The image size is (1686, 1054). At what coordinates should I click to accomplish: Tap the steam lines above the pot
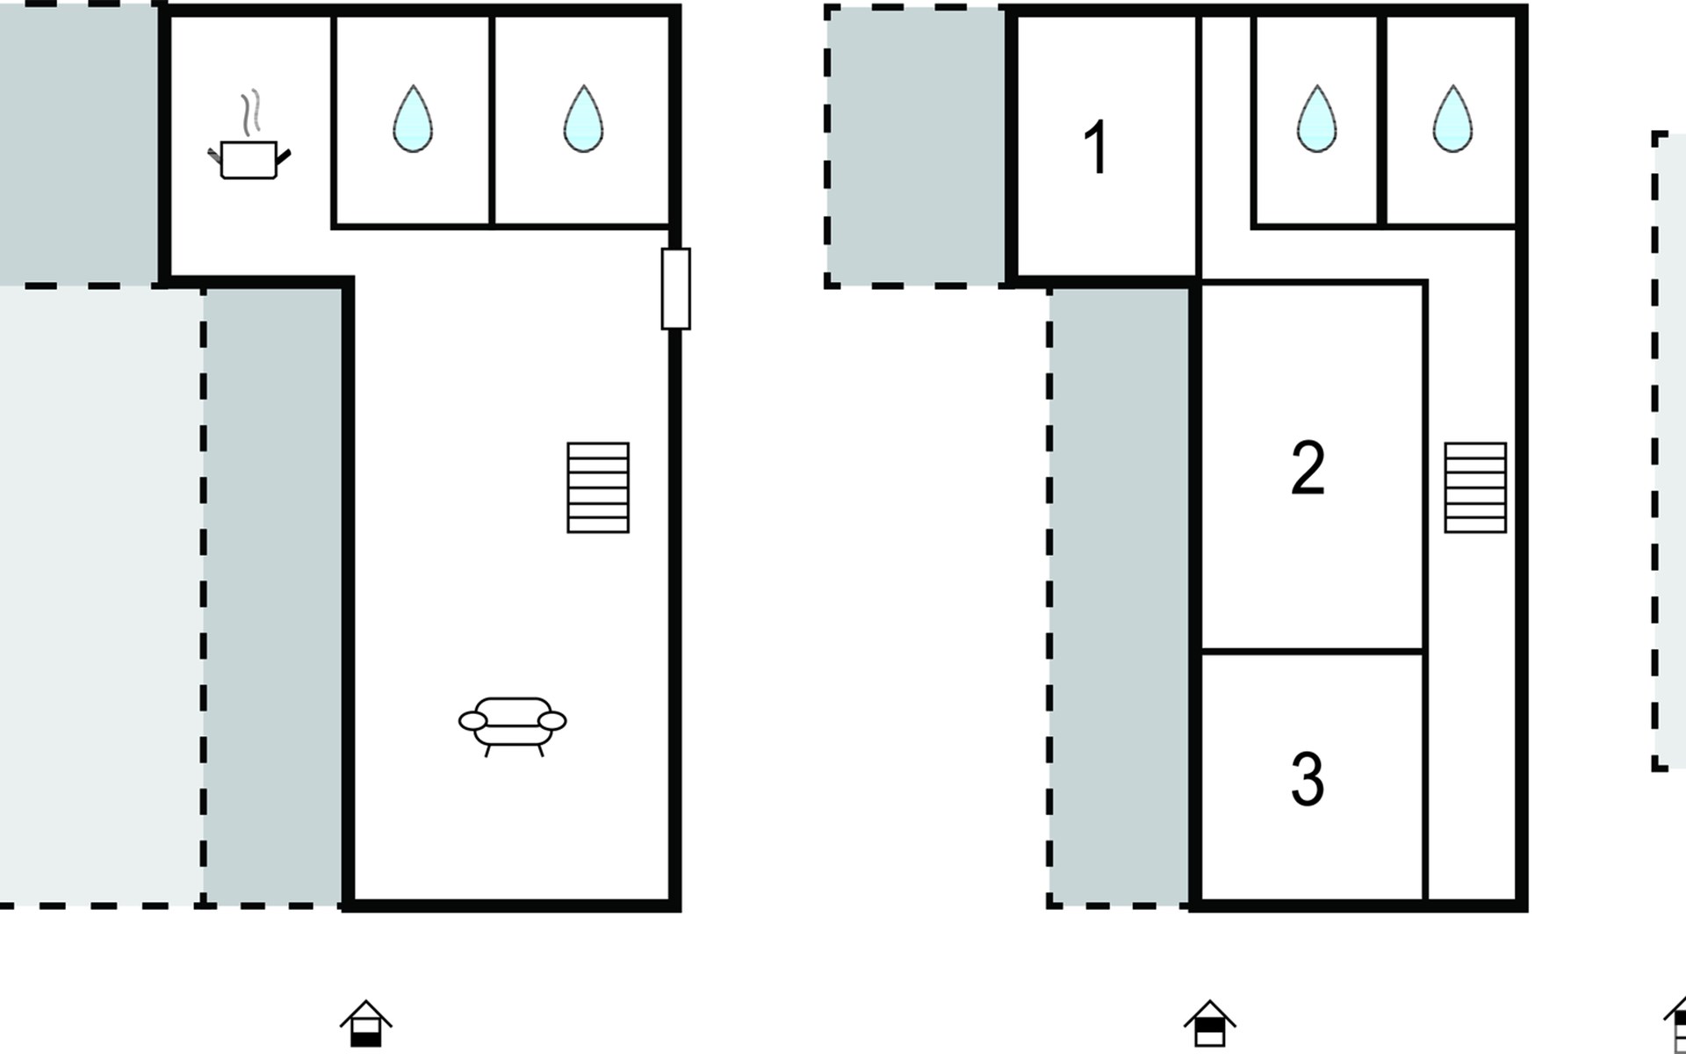tap(251, 112)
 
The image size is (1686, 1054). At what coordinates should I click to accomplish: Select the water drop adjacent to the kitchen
tap(413, 119)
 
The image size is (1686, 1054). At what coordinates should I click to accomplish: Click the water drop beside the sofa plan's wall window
tap(583, 119)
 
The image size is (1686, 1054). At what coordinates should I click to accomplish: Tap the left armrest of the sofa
tap(472, 721)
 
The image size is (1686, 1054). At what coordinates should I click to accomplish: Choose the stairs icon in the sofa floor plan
tap(598, 487)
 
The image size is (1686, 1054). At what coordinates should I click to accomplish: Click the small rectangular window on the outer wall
tap(675, 289)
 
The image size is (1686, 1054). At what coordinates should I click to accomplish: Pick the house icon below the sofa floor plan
tap(366, 1023)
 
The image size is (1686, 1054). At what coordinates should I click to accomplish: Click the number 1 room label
tap(1096, 148)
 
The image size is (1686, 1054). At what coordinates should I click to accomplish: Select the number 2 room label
tap(1308, 468)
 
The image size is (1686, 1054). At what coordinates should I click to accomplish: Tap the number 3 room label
tap(1308, 778)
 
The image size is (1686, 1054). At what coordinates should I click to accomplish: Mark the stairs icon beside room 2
tap(1475, 487)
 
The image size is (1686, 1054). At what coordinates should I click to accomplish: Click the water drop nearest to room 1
tap(1316, 119)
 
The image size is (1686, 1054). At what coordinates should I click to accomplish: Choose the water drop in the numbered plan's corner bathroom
tap(1452, 119)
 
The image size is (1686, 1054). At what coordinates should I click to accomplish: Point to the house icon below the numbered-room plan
tap(1210, 1023)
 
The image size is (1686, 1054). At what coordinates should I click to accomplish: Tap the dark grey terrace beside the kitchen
tap(80, 142)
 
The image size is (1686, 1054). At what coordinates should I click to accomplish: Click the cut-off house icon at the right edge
tap(1675, 1023)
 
